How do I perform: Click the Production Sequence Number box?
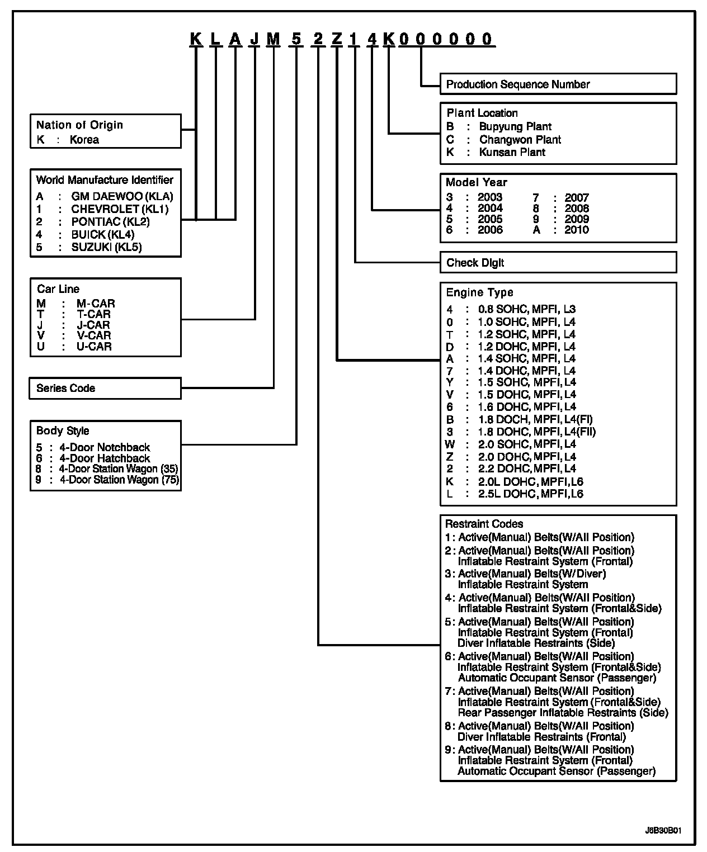(558, 84)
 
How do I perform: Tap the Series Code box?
(105, 388)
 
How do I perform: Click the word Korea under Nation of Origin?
(84, 140)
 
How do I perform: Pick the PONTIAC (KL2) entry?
(110, 222)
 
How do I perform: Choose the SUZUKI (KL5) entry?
(106, 247)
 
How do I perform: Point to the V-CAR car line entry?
(93, 335)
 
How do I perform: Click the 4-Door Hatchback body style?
(105, 458)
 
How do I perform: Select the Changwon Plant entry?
(520, 140)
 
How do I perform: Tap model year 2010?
(576, 230)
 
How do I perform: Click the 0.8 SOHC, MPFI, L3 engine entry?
(526, 310)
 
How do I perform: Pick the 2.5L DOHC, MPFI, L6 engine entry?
(530, 494)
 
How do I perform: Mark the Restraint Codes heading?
(484, 524)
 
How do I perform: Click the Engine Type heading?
(479, 292)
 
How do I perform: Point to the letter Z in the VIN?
(336, 39)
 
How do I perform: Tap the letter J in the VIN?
(254, 39)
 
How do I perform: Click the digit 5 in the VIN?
(296, 39)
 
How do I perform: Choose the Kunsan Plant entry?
(512, 152)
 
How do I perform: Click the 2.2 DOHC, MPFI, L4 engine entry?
(527, 468)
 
